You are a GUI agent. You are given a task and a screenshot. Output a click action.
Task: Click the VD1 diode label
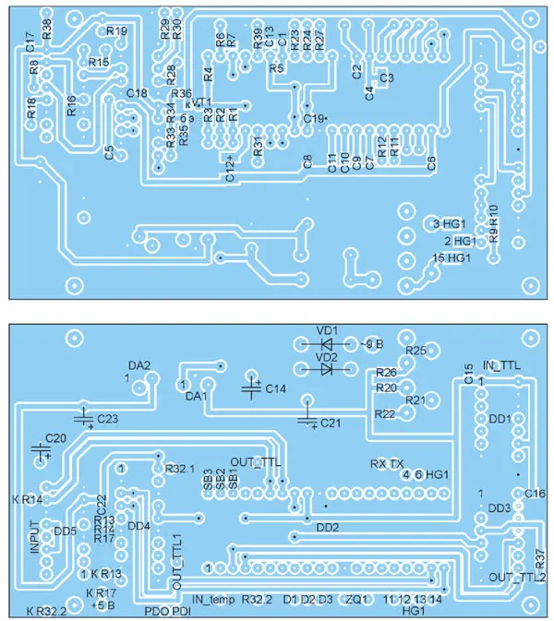(327, 330)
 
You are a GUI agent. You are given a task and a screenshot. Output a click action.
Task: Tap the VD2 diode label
(327, 355)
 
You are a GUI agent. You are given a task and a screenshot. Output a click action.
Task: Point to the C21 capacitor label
(331, 423)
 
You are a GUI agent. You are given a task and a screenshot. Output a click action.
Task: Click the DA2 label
(139, 366)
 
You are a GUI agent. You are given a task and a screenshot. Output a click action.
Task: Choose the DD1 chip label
(500, 419)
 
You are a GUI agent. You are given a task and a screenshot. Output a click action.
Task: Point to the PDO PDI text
(168, 609)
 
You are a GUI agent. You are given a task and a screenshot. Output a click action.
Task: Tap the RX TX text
(386, 462)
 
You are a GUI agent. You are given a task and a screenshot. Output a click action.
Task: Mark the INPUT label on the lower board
(34, 536)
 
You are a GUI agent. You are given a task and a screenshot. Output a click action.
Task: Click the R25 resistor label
(415, 351)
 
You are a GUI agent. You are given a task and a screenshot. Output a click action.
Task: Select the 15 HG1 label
(452, 258)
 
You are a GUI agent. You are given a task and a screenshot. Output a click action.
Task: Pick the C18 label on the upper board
(137, 93)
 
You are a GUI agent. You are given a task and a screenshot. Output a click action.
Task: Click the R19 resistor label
(117, 30)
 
